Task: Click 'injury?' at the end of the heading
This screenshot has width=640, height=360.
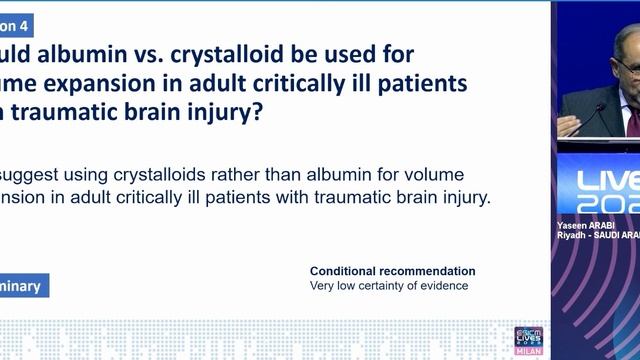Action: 226,113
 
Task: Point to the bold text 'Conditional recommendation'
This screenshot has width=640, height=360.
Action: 392,271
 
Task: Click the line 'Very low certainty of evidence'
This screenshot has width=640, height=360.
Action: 389,286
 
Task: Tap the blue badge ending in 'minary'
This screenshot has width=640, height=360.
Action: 22,286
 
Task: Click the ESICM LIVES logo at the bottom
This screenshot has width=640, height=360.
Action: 528,335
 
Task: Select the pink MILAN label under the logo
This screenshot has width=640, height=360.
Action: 528,351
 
